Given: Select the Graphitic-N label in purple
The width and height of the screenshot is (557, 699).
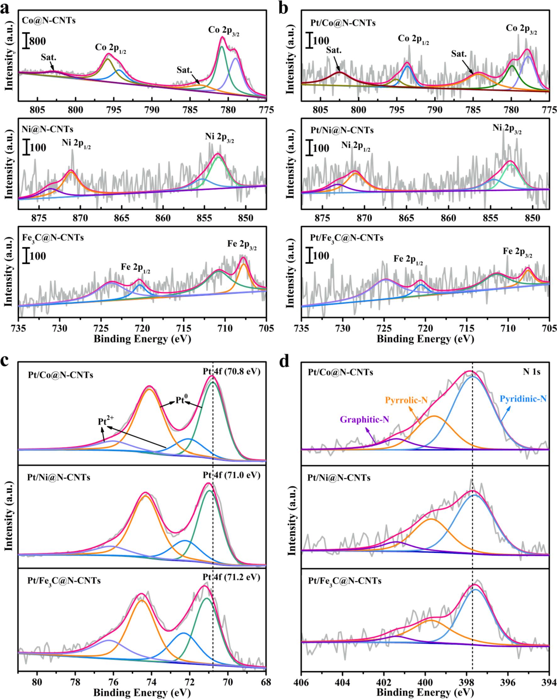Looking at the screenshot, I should (x=364, y=419).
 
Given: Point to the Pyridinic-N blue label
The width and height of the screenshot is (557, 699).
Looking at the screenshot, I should (x=523, y=399).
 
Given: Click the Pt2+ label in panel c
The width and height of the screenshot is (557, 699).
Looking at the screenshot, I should (x=106, y=421).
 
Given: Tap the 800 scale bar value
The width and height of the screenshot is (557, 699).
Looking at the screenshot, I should (x=38, y=41).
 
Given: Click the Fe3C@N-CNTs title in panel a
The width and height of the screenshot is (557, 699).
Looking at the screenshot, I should (x=53, y=238).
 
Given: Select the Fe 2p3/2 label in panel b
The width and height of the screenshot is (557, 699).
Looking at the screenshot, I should (x=517, y=252).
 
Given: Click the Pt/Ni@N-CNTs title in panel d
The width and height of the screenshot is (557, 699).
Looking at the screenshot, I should (x=339, y=478).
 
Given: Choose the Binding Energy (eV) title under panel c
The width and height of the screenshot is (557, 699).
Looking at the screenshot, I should (x=142, y=692).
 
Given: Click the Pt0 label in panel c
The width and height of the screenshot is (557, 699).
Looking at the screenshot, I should (x=182, y=400).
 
